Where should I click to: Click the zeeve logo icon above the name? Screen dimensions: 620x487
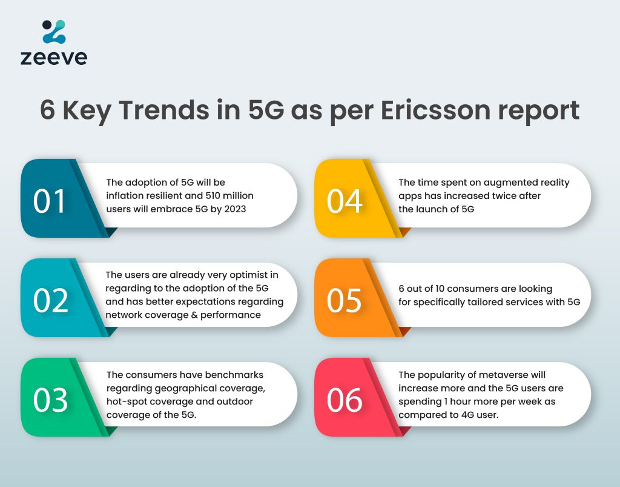pos(54,32)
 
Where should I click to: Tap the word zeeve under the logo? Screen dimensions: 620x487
pos(54,58)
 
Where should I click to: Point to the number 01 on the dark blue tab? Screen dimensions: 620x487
pos(49,201)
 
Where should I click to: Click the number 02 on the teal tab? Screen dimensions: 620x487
pos(51,301)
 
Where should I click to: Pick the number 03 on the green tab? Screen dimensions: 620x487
pos(51,400)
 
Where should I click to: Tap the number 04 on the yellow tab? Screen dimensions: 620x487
pos(345,201)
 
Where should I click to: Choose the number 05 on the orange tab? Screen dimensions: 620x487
pos(344,301)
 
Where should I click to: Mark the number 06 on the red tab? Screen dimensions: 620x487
pos(345,400)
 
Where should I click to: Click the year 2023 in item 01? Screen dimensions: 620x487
pos(235,209)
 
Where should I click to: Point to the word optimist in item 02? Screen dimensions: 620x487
pos(249,275)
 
